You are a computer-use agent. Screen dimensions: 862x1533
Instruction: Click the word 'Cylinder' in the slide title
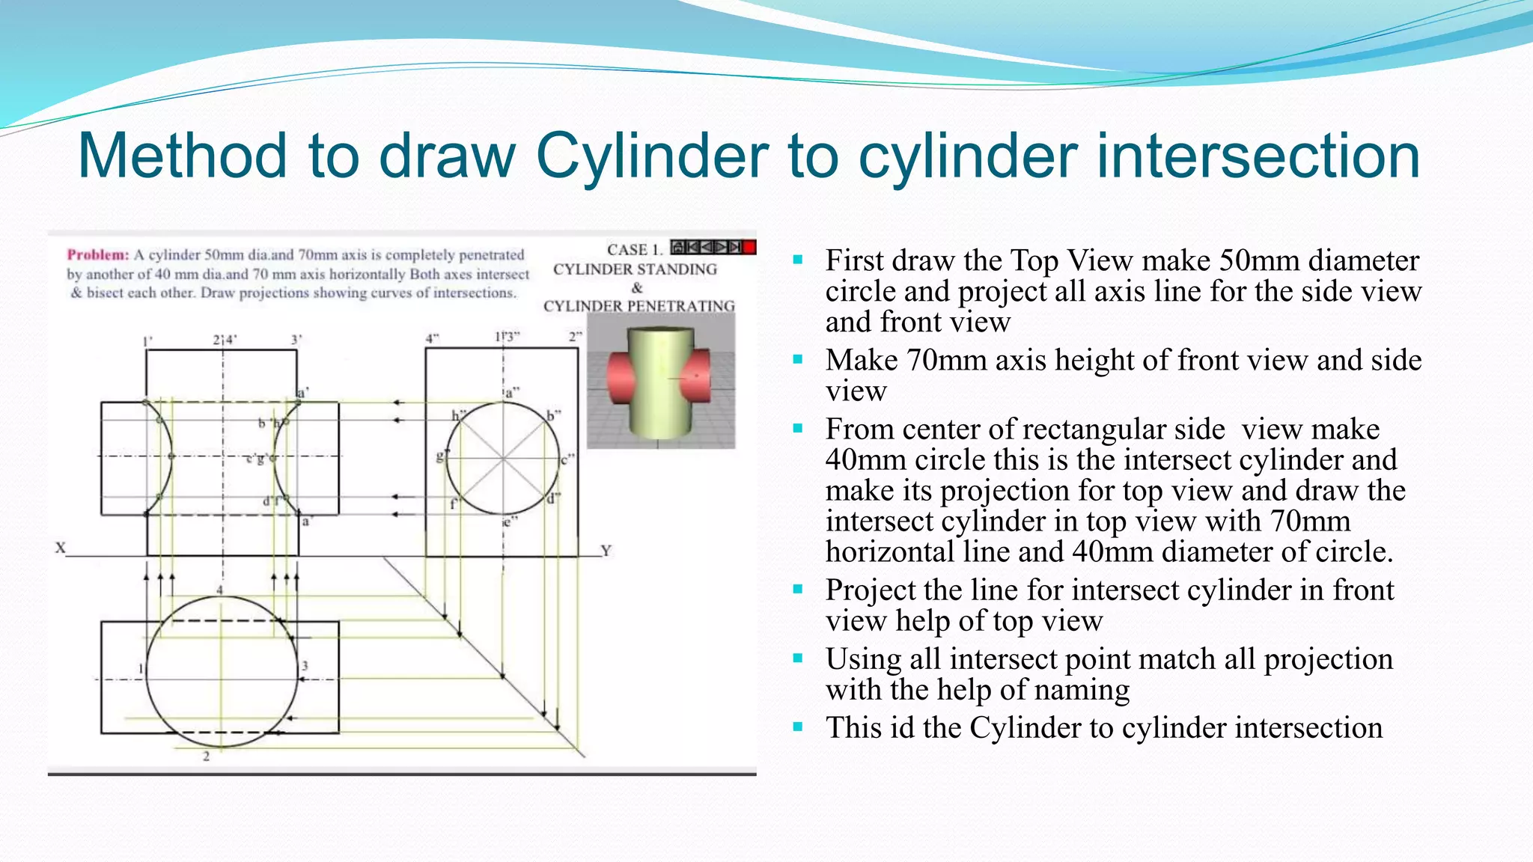coord(651,156)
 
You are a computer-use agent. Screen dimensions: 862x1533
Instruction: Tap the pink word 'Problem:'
coord(97,255)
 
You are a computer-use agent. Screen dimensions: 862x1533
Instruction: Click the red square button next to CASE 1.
coord(749,247)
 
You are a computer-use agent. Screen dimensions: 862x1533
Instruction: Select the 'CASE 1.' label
coord(634,250)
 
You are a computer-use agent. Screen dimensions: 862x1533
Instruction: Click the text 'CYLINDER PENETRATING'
coord(639,306)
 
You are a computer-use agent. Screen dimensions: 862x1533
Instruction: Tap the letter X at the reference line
coord(61,548)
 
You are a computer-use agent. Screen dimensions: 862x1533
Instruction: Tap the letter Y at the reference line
coord(606,551)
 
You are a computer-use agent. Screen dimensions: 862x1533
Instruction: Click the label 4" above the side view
coord(432,338)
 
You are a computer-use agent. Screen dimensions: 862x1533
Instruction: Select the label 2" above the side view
coord(574,337)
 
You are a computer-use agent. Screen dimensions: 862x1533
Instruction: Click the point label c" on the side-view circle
coord(567,459)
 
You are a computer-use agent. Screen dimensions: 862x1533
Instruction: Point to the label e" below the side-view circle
coord(508,522)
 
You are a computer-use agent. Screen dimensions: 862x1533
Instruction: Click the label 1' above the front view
coord(147,342)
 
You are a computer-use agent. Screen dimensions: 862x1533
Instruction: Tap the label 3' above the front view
coord(296,340)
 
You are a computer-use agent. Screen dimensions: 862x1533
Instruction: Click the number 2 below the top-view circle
coord(207,756)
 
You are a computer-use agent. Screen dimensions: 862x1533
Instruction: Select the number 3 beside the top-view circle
coord(305,665)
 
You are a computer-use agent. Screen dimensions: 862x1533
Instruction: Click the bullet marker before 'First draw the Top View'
coord(798,260)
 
